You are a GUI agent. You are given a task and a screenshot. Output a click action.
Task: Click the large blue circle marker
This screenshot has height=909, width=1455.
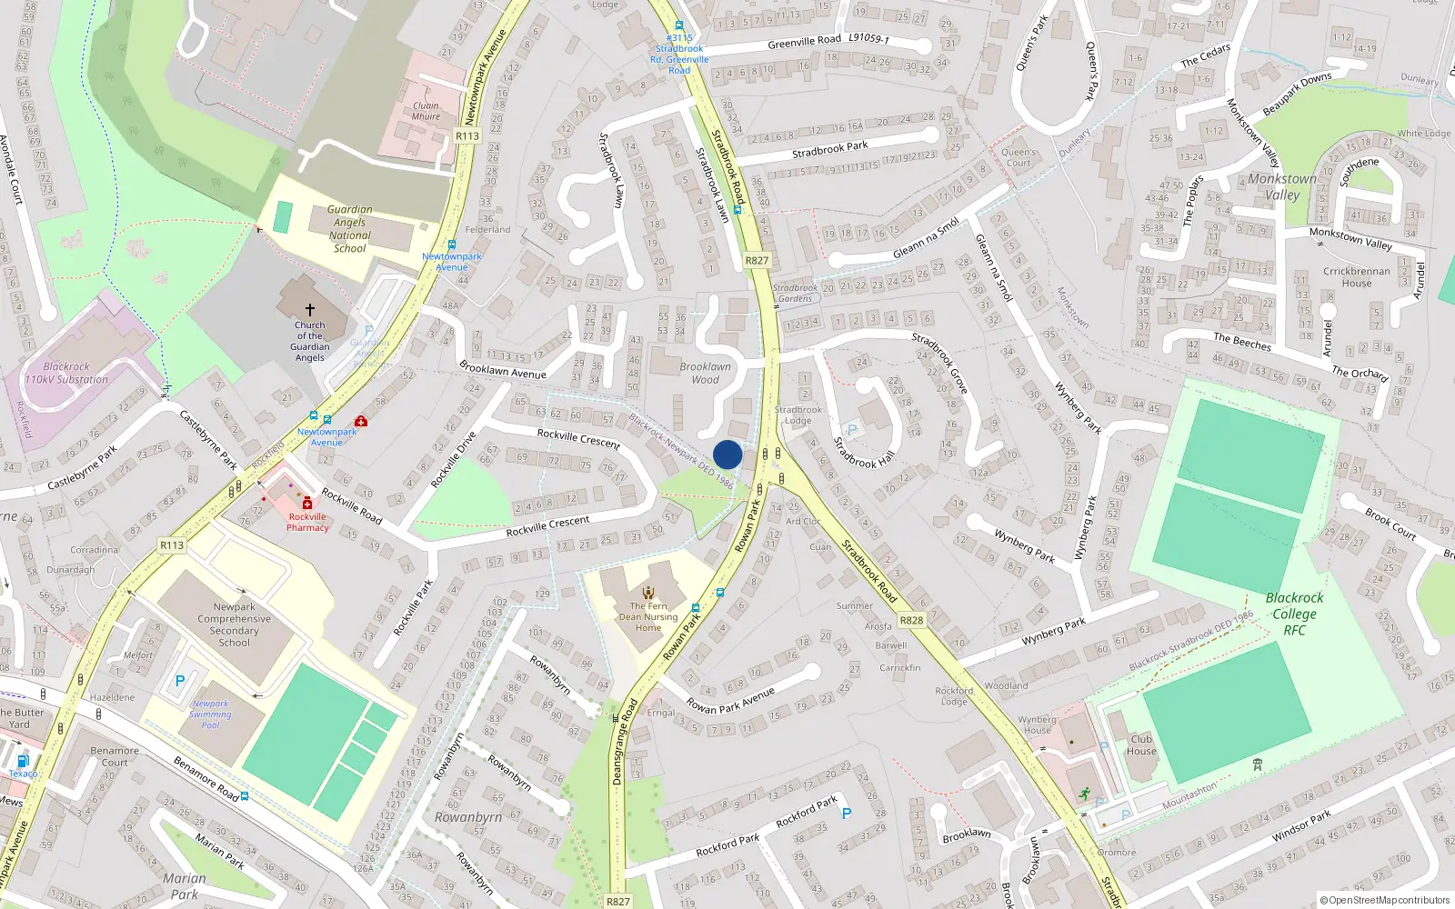click(x=727, y=454)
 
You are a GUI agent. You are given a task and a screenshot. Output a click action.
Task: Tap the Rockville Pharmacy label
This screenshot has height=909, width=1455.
click(x=307, y=522)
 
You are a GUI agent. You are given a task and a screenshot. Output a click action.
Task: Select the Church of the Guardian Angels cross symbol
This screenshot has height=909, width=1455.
click(x=309, y=310)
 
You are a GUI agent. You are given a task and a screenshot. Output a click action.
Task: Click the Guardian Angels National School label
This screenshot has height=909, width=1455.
click(x=350, y=228)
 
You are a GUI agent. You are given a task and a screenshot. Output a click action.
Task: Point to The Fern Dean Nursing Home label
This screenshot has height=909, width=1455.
click(x=648, y=616)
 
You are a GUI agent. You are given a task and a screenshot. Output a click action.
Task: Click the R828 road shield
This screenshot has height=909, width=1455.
click(x=911, y=620)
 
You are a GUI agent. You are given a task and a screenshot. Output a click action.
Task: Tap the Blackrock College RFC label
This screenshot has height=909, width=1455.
click(x=1294, y=614)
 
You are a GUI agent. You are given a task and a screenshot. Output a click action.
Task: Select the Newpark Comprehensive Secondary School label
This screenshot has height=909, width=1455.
click(x=234, y=624)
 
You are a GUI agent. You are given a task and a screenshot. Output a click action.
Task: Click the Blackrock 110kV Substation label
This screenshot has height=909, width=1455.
click(x=66, y=374)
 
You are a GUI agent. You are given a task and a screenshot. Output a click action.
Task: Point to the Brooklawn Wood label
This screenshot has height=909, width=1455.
click(x=705, y=373)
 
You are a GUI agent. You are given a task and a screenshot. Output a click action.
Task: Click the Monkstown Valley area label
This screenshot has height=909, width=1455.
click(x=1282, y=186)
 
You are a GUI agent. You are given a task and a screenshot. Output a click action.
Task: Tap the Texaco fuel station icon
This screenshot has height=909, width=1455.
click(x=23, y=761)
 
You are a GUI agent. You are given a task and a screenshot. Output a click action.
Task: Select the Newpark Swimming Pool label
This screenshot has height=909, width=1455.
click(x=210, y=714)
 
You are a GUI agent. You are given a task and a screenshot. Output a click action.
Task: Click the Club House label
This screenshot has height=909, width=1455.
click(x=1141, y=744)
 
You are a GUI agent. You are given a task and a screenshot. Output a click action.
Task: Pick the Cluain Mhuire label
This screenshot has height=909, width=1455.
click(x=426, y=111)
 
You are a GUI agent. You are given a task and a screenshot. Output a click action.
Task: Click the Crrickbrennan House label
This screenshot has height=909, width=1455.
click(x=1356, y=276)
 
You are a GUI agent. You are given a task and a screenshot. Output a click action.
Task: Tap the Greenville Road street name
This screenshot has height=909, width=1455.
click(x=804, y=42)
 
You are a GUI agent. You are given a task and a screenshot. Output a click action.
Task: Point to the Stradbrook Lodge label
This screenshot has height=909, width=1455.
click(x=798, y=415)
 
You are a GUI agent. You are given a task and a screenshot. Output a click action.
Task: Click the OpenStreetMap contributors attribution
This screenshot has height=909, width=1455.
click(x=1384, y=900)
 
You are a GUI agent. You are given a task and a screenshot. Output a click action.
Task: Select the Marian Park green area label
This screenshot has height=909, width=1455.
click(x=185, y=885)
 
